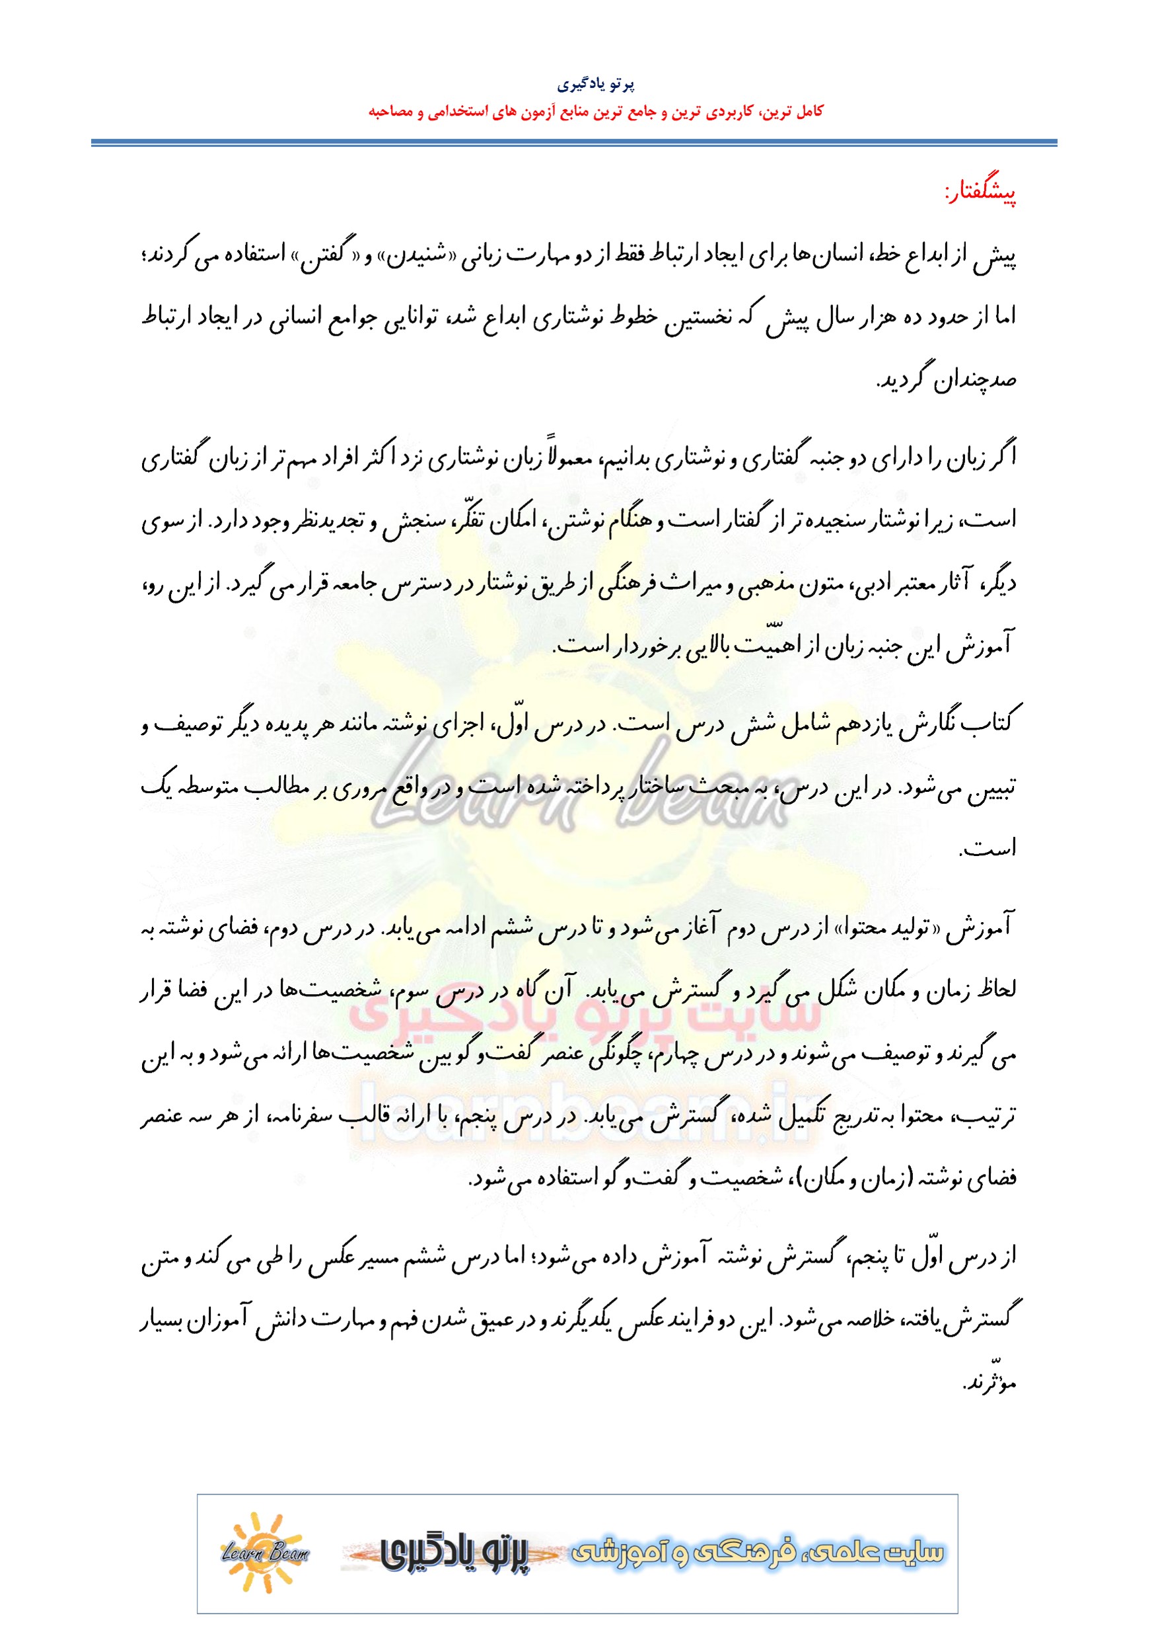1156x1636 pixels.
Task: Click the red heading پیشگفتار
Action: pyautogui.click(x=980, y=192)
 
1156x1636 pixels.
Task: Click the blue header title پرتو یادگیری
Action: pyautogui.click(x=596, y=85)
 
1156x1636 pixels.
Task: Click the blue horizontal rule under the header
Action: pyautogui.click(x=574, y=143)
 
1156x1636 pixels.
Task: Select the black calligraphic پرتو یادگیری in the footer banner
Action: pyautogui.click(x=456, y=1553)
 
